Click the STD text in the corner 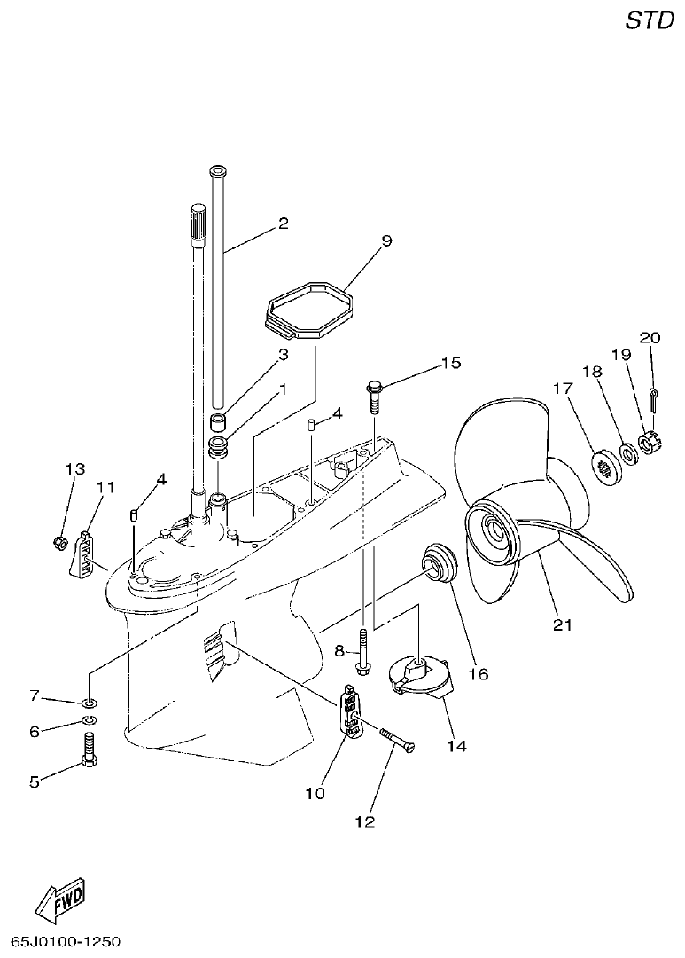click(x=650, y=20)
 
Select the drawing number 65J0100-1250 click(x=66, y=940)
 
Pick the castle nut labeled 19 click(x=648, y=439)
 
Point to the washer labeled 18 click(x=627, y=454)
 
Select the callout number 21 click(x=563, y=624)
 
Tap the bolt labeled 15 click(x=374, y=397)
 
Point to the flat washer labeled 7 click(x=91, y=703)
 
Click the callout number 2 click(x=284, y=224)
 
